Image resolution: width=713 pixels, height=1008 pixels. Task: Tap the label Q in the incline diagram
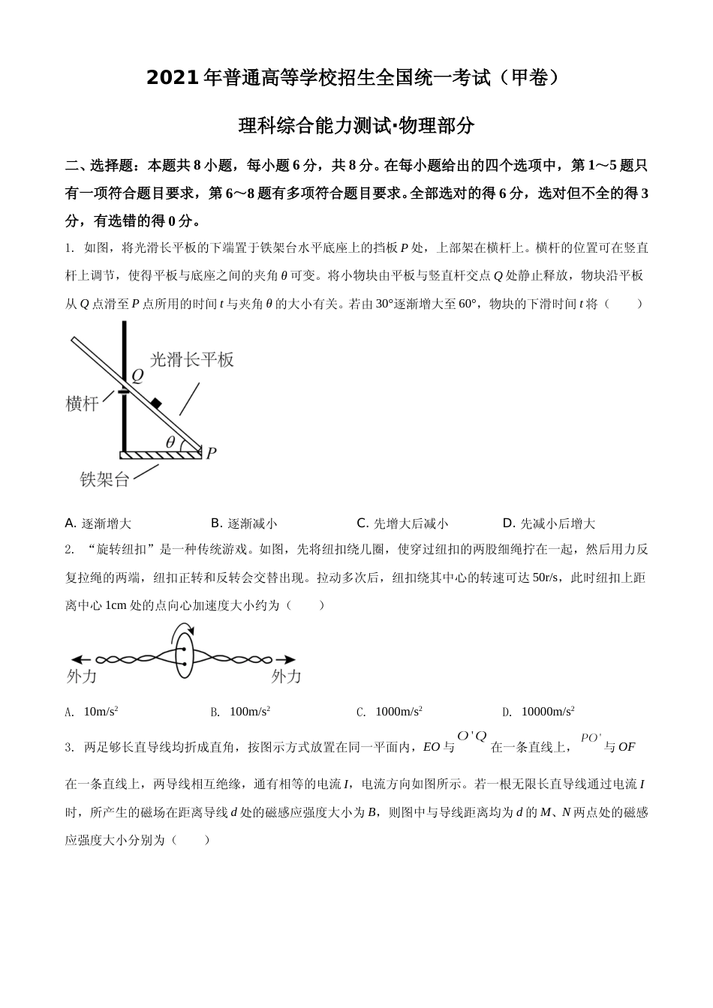[x=137, y=376]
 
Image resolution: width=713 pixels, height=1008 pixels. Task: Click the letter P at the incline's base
[x=212, y=452]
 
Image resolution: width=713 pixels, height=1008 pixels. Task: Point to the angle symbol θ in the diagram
[x=170, y=442]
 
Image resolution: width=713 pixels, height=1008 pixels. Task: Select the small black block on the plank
[x=156, y=403]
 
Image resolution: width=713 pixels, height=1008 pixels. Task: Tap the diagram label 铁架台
[x=104, y=479]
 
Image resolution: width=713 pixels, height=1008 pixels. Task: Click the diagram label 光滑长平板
[x=192, y=359]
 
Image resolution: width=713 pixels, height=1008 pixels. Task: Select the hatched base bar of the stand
[x=161, y=454]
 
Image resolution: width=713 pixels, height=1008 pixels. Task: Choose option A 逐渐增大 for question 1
[x=98, y=523]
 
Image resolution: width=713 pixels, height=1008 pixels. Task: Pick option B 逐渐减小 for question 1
[x=244, y=523]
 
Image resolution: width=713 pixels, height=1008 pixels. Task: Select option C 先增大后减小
[x=402, y=523]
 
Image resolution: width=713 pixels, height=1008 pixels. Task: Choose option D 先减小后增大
[x=549, y=523]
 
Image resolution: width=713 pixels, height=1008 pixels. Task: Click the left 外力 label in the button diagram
[x=82, y=676]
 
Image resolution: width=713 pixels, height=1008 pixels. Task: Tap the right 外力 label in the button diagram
[x=286, y=676]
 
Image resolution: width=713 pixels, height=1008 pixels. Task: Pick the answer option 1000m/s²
[x=390, y=712]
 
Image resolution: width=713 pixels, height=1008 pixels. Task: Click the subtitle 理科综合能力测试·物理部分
[x=356, y=126]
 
